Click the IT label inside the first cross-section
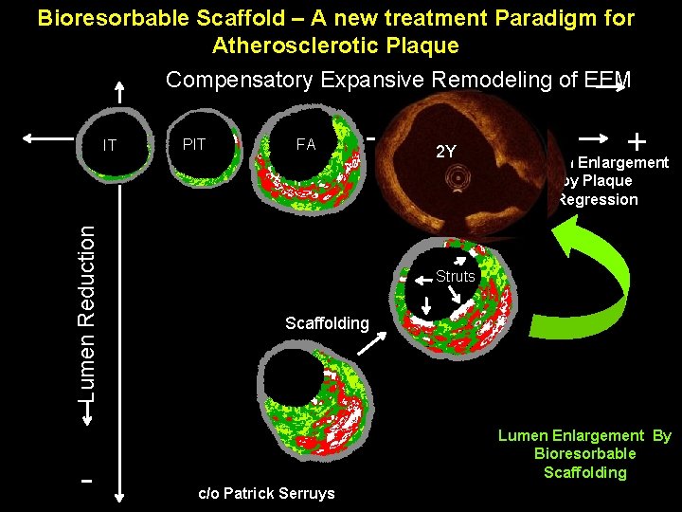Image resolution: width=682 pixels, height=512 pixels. point(110,146)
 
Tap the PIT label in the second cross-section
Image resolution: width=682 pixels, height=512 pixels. point(193,145)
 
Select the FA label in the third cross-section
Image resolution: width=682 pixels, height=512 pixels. point(305,145)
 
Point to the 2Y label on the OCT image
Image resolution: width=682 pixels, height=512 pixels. point(445,152)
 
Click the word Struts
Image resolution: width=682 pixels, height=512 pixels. point(455,277)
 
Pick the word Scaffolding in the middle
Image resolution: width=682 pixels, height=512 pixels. point(327,323)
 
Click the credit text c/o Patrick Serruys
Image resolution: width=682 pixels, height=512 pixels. point(265,493)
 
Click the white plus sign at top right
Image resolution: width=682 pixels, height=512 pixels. point(637,142)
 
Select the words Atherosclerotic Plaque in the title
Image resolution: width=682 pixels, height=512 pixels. point(335,46)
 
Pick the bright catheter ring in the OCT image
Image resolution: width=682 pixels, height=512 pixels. point(459,177)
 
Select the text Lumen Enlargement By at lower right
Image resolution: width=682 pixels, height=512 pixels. point(584,436)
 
